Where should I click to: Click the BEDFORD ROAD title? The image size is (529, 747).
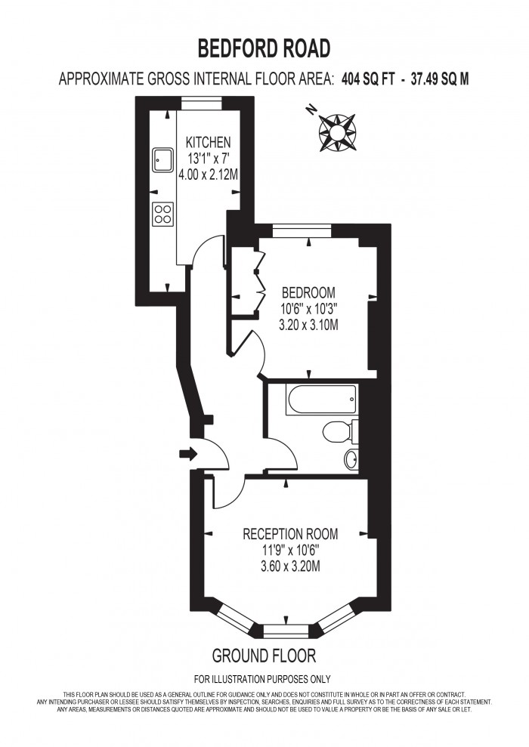[264, 48]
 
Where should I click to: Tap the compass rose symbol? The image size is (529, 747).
[337, 132]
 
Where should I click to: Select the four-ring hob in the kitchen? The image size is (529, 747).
[163, 214]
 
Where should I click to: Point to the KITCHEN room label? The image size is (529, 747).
[208, 142]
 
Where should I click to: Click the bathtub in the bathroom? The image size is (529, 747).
[321, 400]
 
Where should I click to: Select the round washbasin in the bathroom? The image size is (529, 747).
[351, 459]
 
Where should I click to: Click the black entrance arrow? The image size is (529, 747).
[187, 453]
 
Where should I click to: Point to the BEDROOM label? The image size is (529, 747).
[308, 292]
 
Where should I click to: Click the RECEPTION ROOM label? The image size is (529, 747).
[290, 534]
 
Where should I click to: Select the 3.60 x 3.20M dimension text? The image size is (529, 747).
[290, 566]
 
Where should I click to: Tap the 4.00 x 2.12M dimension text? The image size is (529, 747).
[209, 174]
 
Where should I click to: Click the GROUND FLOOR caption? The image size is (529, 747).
[264, 656]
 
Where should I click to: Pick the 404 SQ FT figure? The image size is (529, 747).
[368, 79]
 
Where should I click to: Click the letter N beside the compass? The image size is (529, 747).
[311, 110]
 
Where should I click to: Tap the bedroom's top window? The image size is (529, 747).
[302, 231]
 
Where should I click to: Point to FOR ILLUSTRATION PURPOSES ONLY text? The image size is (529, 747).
[262, 679]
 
